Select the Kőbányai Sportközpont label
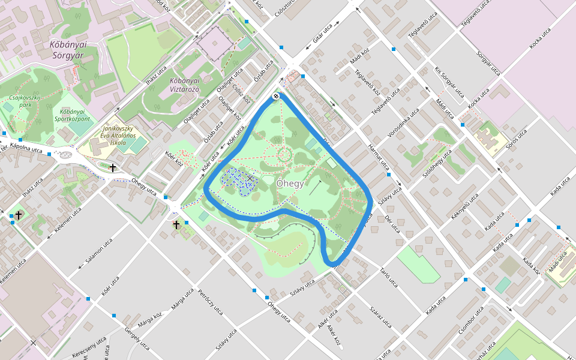(75, 115)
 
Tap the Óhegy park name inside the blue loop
(290, 184)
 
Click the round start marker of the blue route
(276, 96)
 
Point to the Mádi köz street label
(359, 58)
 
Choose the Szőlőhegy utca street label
(437, 161)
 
